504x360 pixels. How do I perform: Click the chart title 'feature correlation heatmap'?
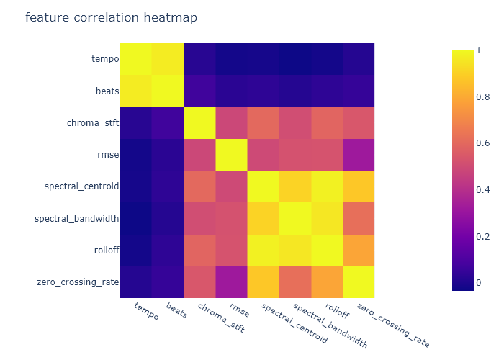click(x=111, y=17)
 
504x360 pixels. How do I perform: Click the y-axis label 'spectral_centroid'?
click(x=81, y=186)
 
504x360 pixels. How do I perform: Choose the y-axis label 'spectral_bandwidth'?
click(x=76, y=217)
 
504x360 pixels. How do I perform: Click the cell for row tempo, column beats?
click(x=167, y=59)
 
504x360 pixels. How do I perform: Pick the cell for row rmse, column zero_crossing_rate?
click(x=358, y=154)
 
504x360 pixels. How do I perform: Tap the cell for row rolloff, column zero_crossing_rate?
click(x=358, y=249)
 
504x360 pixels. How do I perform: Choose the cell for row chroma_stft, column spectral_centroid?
click(x=263, y=122)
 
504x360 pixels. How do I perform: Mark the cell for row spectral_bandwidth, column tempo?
click(x=135, y=217)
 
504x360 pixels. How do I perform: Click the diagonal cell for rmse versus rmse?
click(x=231, y=154)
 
